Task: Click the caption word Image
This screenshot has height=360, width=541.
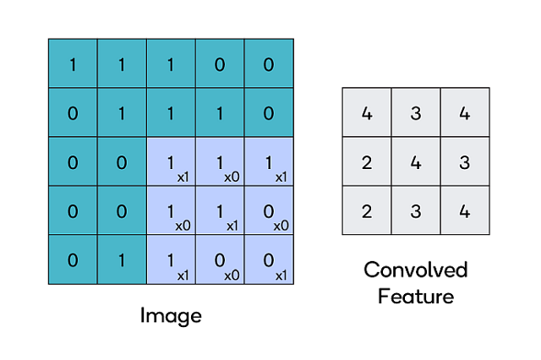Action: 171,316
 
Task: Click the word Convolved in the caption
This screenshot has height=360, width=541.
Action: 415,270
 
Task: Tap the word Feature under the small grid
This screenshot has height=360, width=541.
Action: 415,297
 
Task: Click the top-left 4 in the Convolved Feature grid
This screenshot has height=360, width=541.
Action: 366,112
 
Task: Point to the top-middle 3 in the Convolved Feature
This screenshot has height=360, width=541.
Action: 415,112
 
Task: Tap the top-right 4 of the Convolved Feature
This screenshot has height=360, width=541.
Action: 464,112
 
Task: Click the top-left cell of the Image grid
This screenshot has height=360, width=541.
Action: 73,63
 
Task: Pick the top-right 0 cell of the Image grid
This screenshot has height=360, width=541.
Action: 269,63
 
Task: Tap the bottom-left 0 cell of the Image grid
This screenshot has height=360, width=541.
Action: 73,259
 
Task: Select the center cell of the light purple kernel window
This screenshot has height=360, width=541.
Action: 220,210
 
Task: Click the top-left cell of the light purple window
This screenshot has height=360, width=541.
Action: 171,161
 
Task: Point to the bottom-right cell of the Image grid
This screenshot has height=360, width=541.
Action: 269,259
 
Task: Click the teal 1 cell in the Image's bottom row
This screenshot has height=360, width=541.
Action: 122,259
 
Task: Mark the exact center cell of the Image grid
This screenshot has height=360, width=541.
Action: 171,161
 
